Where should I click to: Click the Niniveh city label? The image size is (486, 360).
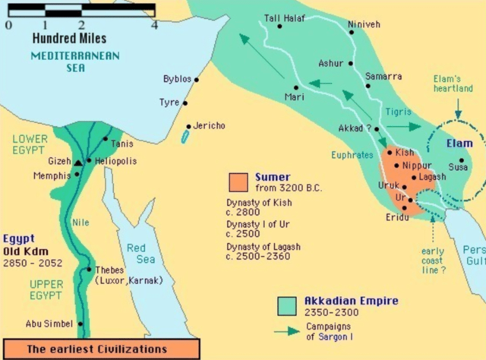362,24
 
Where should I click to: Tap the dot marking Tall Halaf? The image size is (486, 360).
279,26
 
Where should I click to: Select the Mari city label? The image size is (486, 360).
294,97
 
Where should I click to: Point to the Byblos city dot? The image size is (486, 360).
197,79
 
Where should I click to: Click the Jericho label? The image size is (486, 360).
209,125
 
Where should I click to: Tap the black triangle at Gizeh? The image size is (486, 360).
77,162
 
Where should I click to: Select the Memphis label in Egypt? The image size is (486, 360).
52,175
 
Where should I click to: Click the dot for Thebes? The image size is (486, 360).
90,269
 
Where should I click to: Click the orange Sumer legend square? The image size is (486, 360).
239,182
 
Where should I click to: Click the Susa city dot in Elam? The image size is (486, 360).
460,160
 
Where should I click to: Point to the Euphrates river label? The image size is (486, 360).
352,154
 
